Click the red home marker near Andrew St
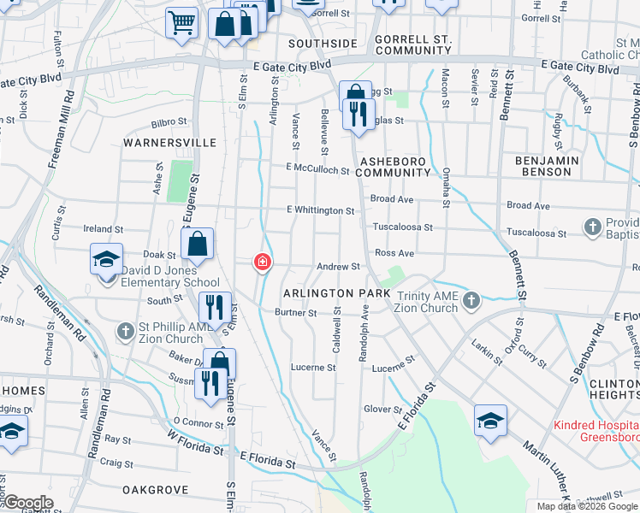[263, 262]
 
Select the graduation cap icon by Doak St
[107, 258]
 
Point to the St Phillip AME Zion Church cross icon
[125, 329]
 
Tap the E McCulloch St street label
[317, 169]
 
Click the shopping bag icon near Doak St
[198, 245]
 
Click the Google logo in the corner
[27, 503]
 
